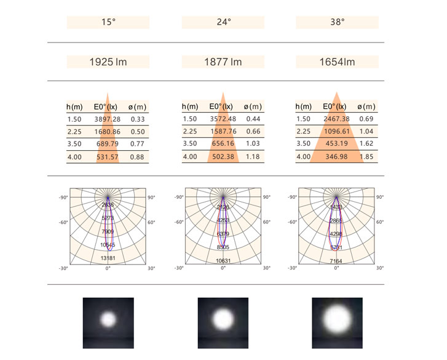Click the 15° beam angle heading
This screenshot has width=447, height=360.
[108, 22]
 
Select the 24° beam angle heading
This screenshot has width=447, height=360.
[223, 22]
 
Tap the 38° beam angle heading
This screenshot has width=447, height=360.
[338, 22]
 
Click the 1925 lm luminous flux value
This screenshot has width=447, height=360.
[108, 62]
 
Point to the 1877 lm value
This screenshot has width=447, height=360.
[223, 62]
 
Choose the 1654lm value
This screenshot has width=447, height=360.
[337, 62]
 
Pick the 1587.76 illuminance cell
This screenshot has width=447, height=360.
[223, 132]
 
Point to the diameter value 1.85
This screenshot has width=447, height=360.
[366, 157]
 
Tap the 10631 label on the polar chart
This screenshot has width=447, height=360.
[223, 261]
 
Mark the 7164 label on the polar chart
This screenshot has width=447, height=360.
[336, 261]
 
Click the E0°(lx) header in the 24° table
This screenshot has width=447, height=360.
[223, 106]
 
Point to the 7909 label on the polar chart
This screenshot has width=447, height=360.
[108, 231]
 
